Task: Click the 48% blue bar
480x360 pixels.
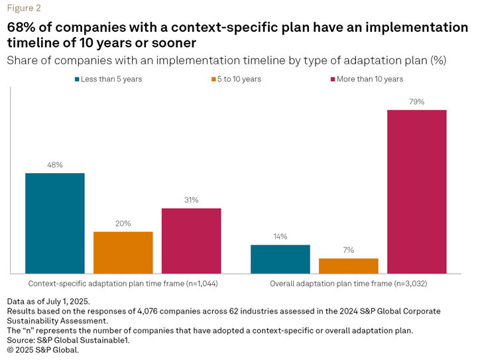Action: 55,223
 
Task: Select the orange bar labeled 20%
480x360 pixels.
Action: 123,252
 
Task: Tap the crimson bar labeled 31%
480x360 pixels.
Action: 192,240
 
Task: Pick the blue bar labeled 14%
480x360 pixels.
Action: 280,259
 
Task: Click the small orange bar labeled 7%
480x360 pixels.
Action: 349,265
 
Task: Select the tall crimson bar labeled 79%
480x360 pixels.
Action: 417,191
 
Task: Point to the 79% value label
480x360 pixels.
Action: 417,102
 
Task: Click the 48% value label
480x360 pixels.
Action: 55,165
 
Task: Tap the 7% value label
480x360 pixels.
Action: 349,250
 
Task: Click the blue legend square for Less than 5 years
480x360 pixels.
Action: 77,79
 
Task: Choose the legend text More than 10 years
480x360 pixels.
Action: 370,79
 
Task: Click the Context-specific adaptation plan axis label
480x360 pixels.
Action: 123,284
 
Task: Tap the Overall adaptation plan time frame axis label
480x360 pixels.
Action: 349,284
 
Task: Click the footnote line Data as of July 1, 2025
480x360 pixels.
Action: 48,301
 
